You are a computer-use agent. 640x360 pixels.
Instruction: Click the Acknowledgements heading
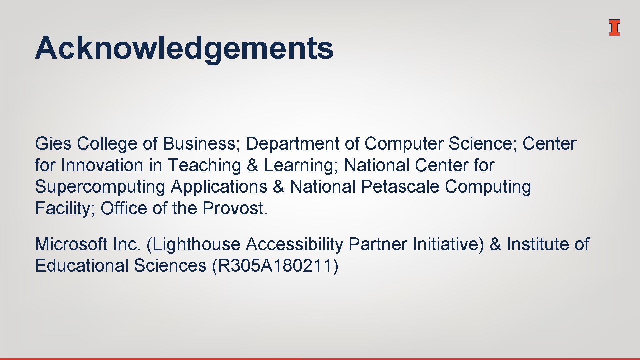click(184, 48)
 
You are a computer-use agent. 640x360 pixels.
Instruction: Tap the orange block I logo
click(614, 28)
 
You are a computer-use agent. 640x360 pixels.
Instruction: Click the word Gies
click(53, 144)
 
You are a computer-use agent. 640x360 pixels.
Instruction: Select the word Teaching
click(204, 165)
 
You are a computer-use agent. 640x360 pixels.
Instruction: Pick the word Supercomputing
click(100, 187)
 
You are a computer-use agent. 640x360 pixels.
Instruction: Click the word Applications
click(219, 187)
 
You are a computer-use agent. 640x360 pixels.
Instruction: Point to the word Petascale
click(400, 187)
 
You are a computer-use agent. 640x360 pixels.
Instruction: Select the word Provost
click(235, 208)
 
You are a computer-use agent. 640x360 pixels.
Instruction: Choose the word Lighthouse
click(196, 244)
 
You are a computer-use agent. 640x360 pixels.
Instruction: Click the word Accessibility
click(294, 244)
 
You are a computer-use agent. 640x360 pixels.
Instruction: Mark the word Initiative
click(448, 244)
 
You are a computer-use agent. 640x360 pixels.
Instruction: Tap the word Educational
click(82, 266)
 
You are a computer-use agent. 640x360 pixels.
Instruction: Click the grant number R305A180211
click(275, 266)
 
